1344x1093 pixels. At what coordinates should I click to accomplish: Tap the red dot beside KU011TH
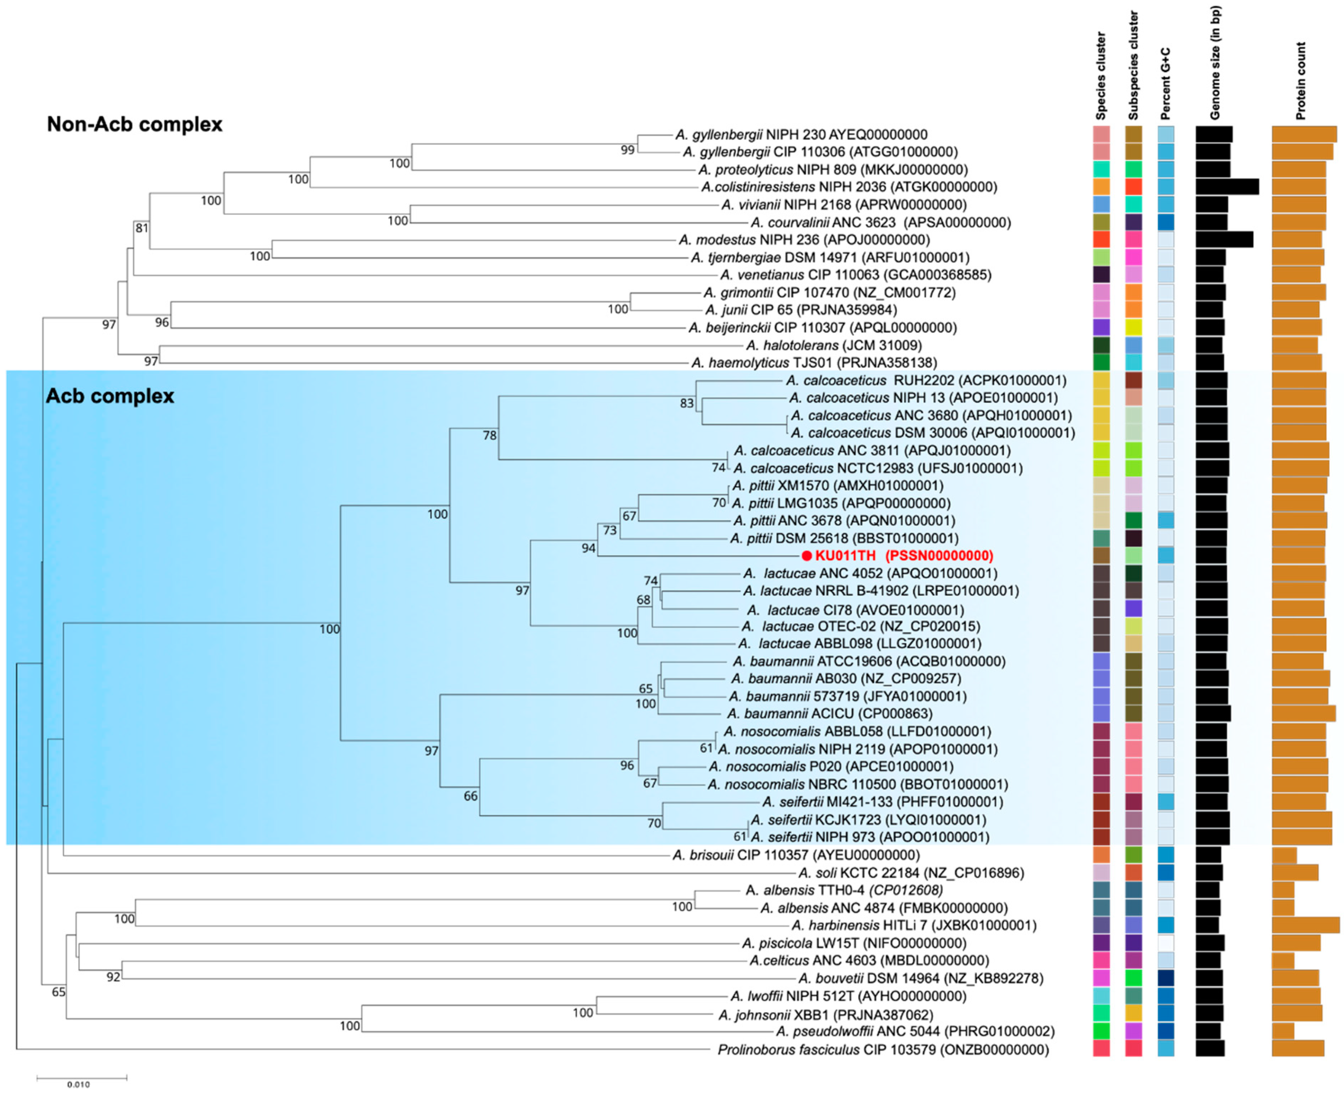click(x=806, y=556)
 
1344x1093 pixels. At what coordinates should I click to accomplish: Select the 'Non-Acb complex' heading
click(x=135, y=124)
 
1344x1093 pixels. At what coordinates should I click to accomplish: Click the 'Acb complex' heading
click(x=110, y=396)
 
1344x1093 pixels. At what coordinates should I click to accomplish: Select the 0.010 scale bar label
click(x=78, y=1084)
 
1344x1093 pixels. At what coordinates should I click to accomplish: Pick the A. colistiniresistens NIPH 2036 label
click(x=849, y=187)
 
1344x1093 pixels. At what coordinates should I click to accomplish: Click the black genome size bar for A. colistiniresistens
click(x=1226, y=187)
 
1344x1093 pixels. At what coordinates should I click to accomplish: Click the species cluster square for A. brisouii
click(x=1101, y=855)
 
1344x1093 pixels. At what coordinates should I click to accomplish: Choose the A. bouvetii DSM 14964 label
click(x=920, y=978)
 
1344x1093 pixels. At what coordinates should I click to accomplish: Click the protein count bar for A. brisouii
click(x=1284, y=855)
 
